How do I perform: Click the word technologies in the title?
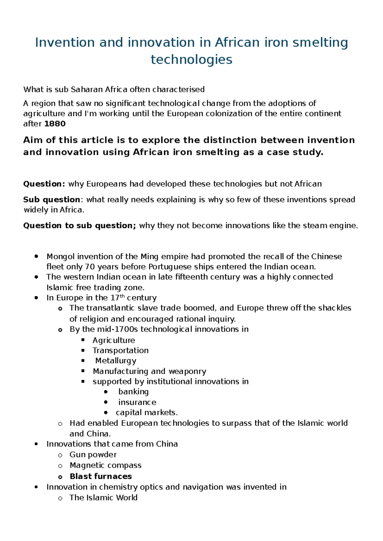191,59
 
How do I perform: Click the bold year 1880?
55,124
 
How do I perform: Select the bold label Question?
44,184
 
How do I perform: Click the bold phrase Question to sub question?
79,226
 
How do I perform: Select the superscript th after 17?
122,296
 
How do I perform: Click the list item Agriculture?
114,340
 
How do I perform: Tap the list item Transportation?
120,350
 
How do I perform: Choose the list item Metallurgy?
116,361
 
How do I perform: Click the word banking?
133,392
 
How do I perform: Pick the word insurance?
137,402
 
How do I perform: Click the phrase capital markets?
146,412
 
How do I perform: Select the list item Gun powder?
93,455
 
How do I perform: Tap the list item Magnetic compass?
105,465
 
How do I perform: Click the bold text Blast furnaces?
101,476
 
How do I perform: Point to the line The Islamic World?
103,498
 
